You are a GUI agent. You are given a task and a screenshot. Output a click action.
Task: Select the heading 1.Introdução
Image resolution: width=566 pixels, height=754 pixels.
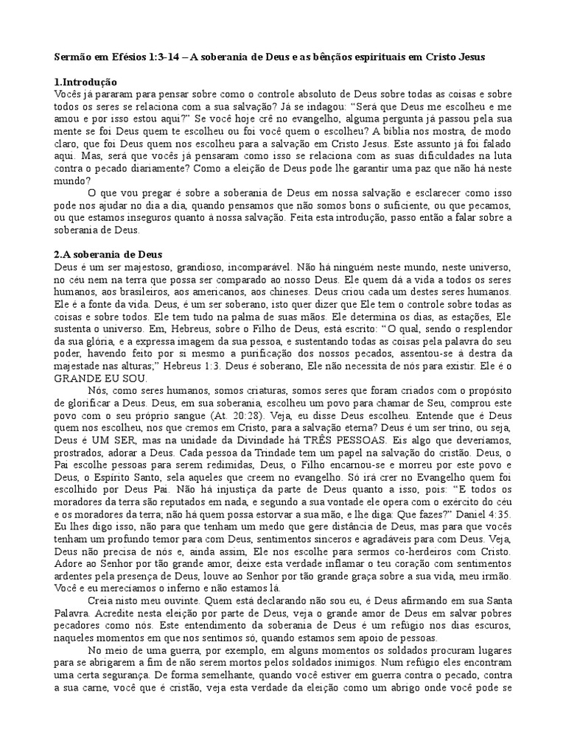pyautogui.click(x=86, y=82)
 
